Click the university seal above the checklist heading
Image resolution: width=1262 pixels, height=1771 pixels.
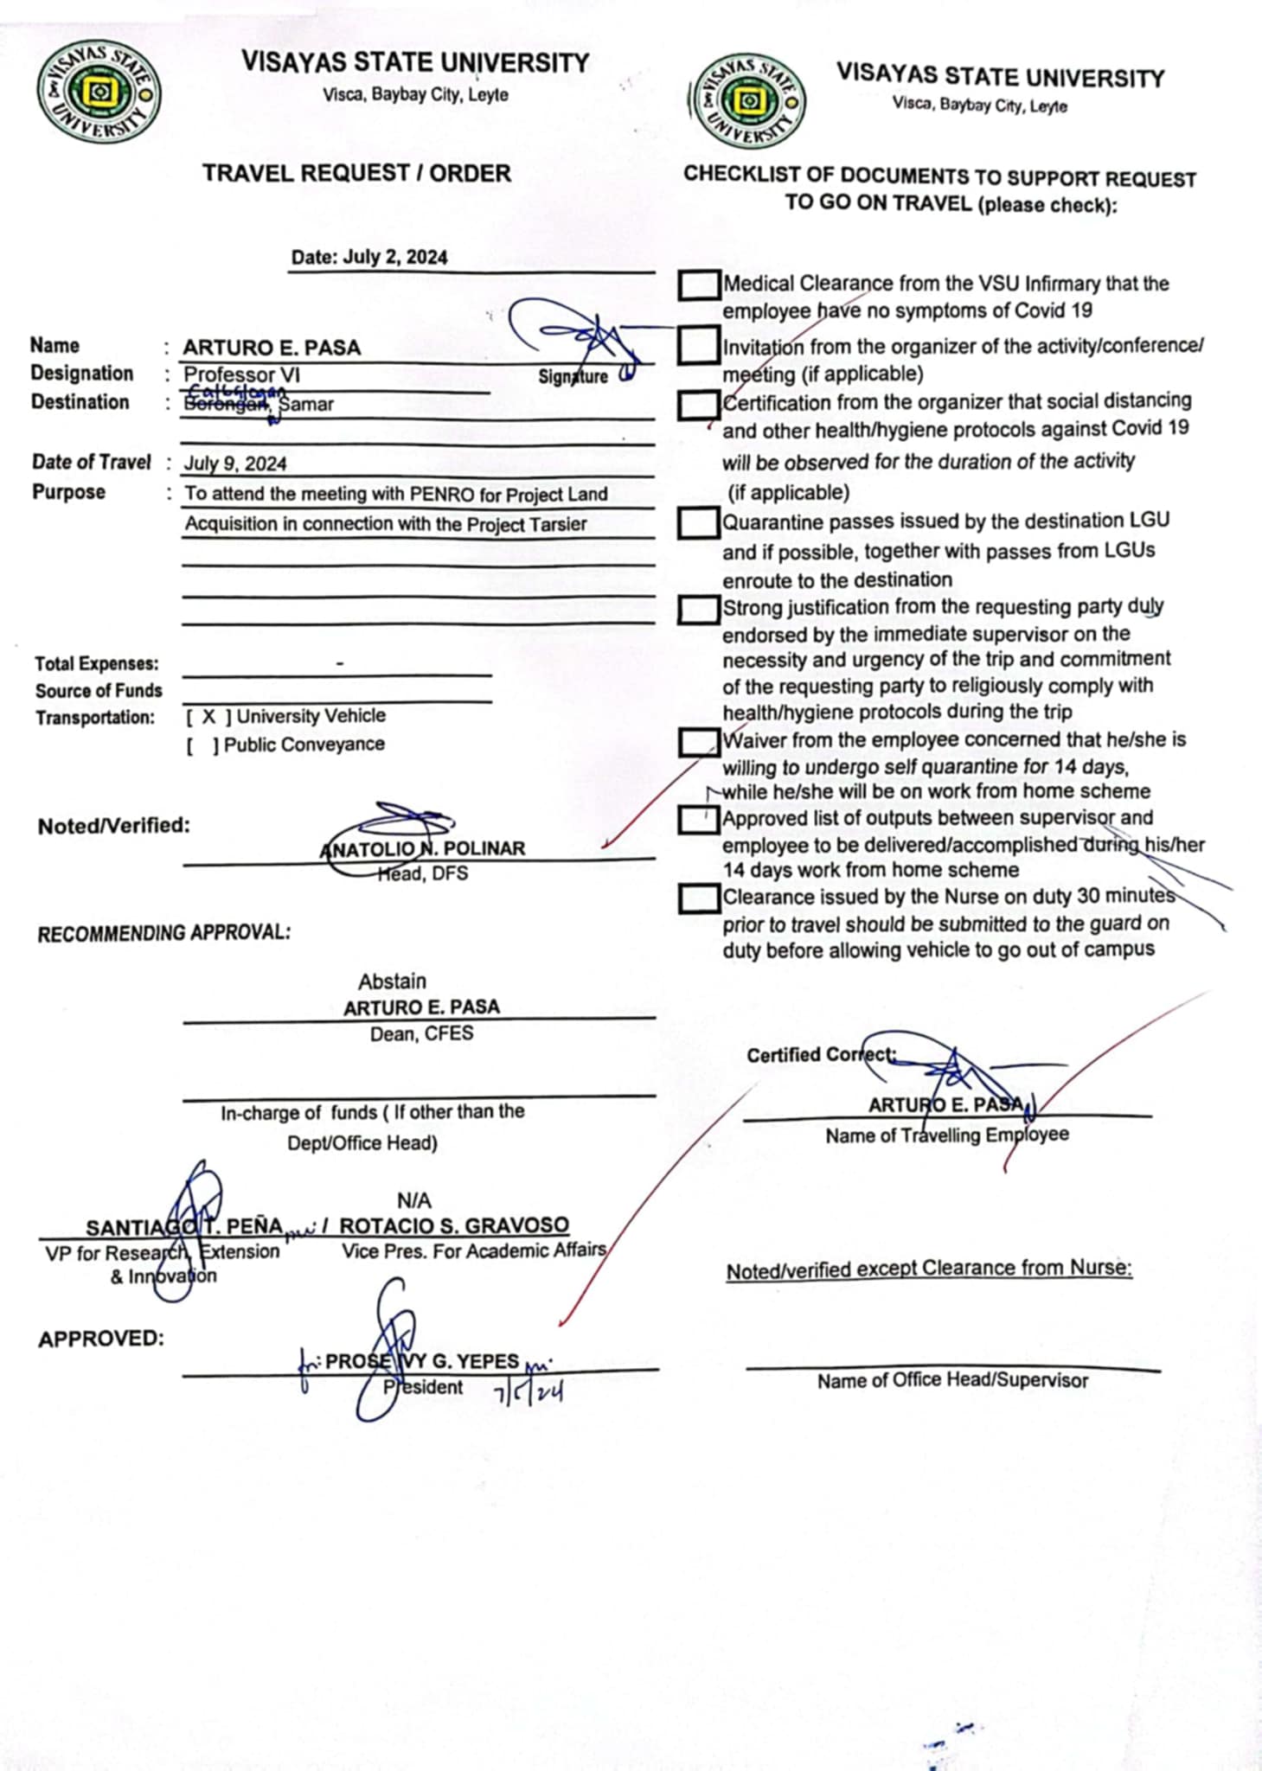(x=749, y=101)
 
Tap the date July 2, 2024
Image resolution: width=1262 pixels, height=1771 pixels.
(x=394, y=257)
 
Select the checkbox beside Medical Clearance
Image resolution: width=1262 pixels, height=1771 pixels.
(x=699, y=285)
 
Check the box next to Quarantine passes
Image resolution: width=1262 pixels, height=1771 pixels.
(x=698, y=522)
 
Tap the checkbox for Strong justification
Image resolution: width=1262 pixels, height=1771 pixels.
(x=698, y=609)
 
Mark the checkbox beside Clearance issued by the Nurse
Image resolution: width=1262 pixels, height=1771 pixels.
(x=699, y=898)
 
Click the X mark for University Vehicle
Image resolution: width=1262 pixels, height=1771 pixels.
(x=209, y=717)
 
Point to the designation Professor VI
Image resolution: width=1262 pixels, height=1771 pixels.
(x=242, y=375)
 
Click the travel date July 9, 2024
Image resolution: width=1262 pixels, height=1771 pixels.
(x=235, y=464)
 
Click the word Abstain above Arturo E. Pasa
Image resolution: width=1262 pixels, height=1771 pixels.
(x=393, y=981)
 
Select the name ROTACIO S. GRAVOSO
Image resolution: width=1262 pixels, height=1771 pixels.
(x=454, y=1226)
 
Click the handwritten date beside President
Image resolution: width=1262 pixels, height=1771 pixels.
(x=529, y=1391)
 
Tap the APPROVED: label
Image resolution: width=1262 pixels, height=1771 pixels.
(x=101, y=1339)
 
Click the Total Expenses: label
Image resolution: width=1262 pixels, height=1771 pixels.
(x=97, y=664)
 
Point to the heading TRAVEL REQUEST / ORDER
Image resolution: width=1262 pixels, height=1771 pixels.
(x=356, y=173)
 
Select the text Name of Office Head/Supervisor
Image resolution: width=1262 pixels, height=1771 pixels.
(x=952, y=1381)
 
